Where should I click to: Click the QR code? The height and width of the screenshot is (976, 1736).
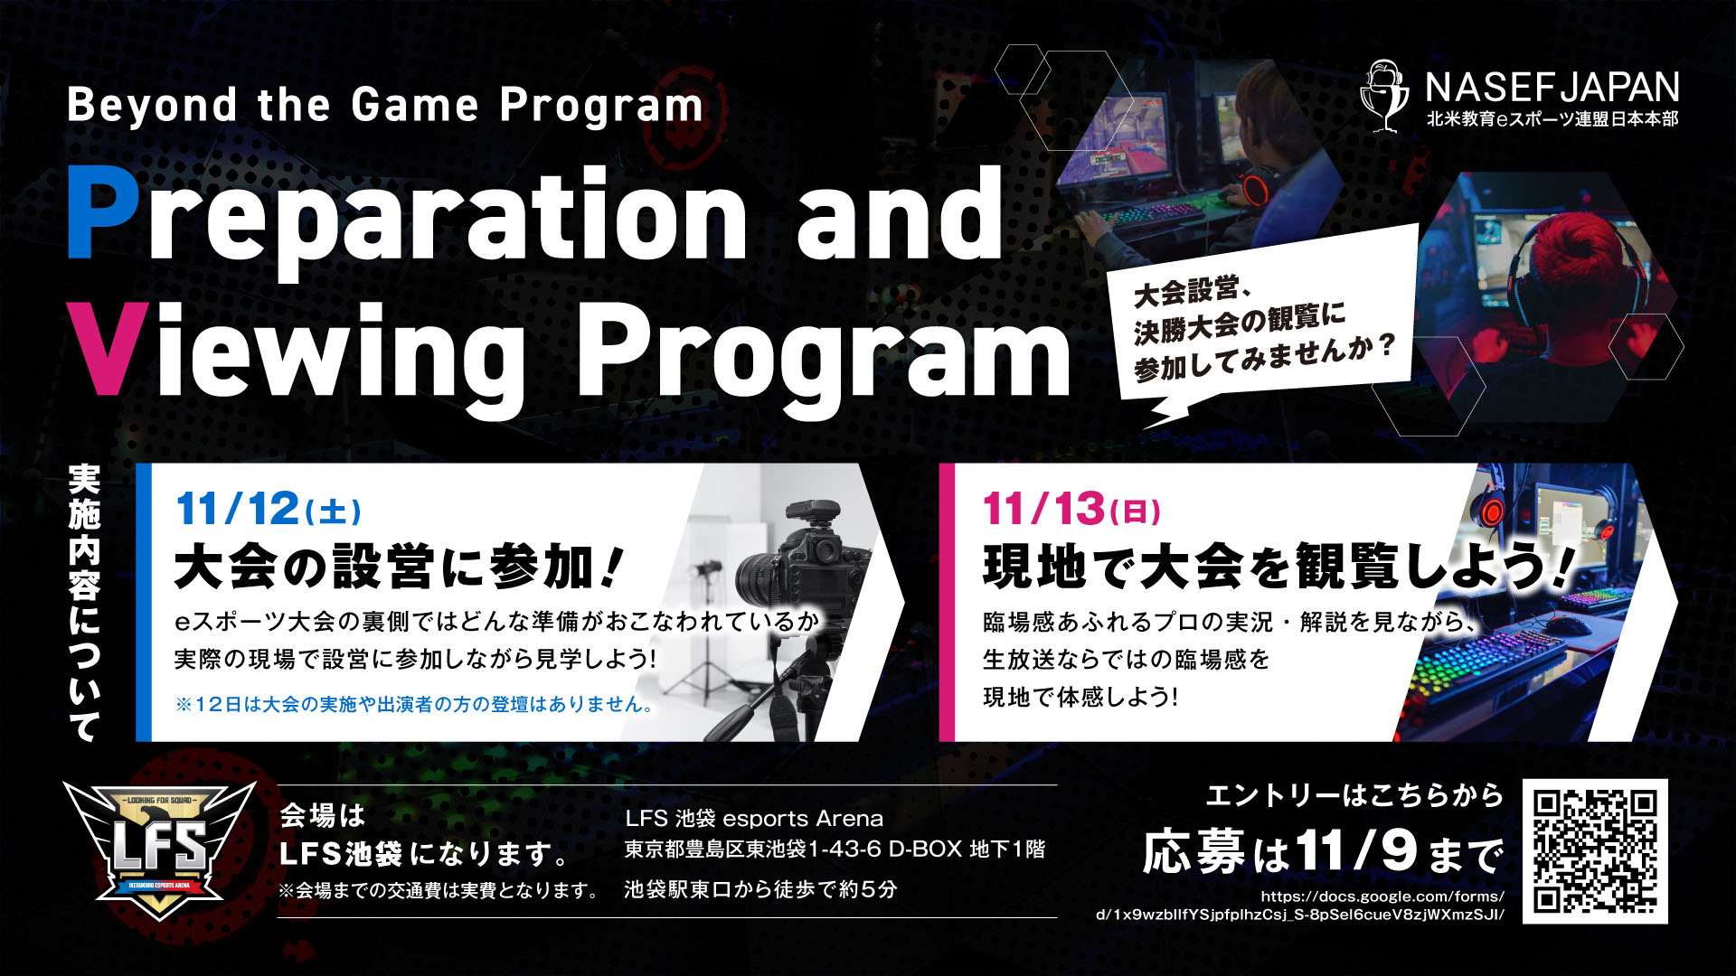(1595, 851)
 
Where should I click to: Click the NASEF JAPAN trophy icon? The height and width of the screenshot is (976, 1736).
(1385, 96)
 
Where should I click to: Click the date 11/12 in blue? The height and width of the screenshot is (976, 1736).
(237, 509)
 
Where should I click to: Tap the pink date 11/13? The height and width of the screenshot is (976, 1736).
(1043, 509)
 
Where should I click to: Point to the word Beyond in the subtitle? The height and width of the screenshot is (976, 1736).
(152, 106)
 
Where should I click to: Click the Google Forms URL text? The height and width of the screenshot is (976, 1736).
(1300, 905)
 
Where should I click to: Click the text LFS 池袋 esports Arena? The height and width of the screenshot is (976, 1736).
(754, 819)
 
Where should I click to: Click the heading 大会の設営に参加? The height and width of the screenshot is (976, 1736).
(399, 568)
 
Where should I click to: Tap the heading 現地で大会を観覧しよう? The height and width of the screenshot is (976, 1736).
(1278, 568)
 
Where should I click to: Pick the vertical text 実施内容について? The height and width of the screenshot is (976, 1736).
(85, 603)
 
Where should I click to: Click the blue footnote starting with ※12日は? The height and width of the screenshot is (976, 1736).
(415, 704)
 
